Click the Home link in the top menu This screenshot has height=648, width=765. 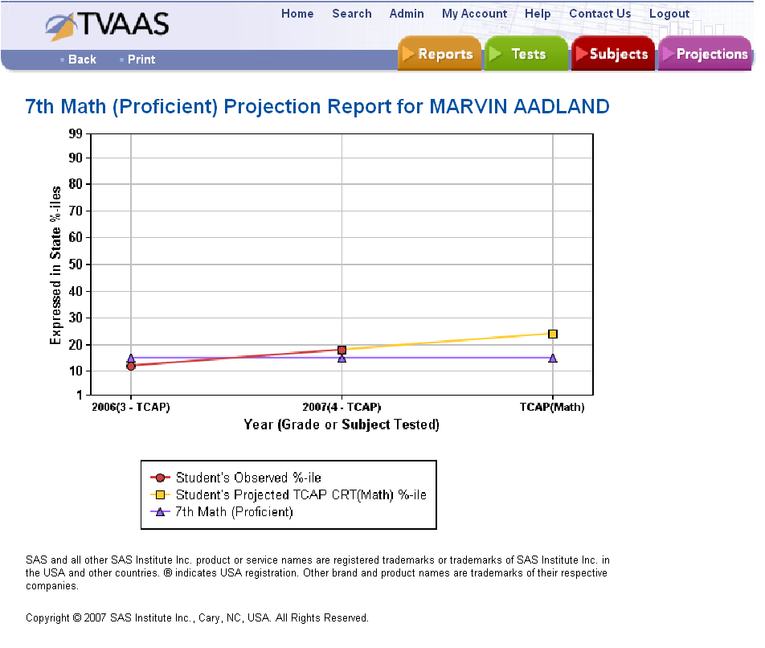click(x=297, y=14)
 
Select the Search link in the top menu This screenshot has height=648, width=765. click(x=352, y=14)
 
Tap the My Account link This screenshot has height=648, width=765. click(x=474, y=14)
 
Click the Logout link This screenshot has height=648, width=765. click(x=669, y=14)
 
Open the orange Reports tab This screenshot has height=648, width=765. click(x=440, y=54)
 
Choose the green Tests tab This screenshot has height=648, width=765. click(x=526, y=54)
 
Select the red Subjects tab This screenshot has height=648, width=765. click(x=613, y=54)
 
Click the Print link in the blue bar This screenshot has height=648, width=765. click(x=141, y=59)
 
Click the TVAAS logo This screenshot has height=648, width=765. click(x=108, y=26)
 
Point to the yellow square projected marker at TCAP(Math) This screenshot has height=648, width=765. click(x=553, y=334)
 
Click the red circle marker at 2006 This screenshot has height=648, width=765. click(x=131, y=366)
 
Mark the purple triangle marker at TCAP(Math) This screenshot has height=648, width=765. click(x=553, y=358)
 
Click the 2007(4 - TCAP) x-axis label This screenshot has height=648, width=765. click(x=342, y=408)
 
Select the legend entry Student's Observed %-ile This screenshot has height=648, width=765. click(x=248, y=478)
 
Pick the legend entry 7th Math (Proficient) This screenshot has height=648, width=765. click(x=234, y=512)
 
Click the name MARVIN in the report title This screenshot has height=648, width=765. click(x=470, y=107)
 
